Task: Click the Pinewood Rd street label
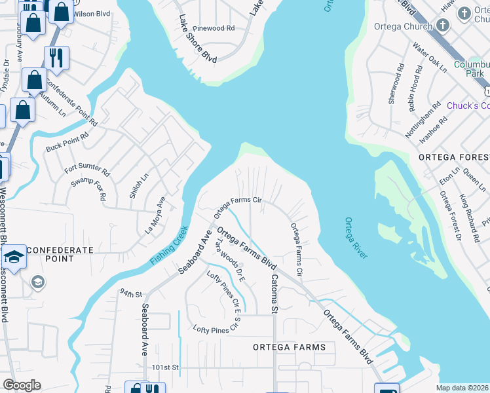point(212,29)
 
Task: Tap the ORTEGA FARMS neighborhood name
point(289,346)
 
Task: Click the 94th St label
point(131,293)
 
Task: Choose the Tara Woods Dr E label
point(231,261)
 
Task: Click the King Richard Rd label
point(471,209)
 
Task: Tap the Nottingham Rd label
point(419,120)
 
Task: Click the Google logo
point(22,385)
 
